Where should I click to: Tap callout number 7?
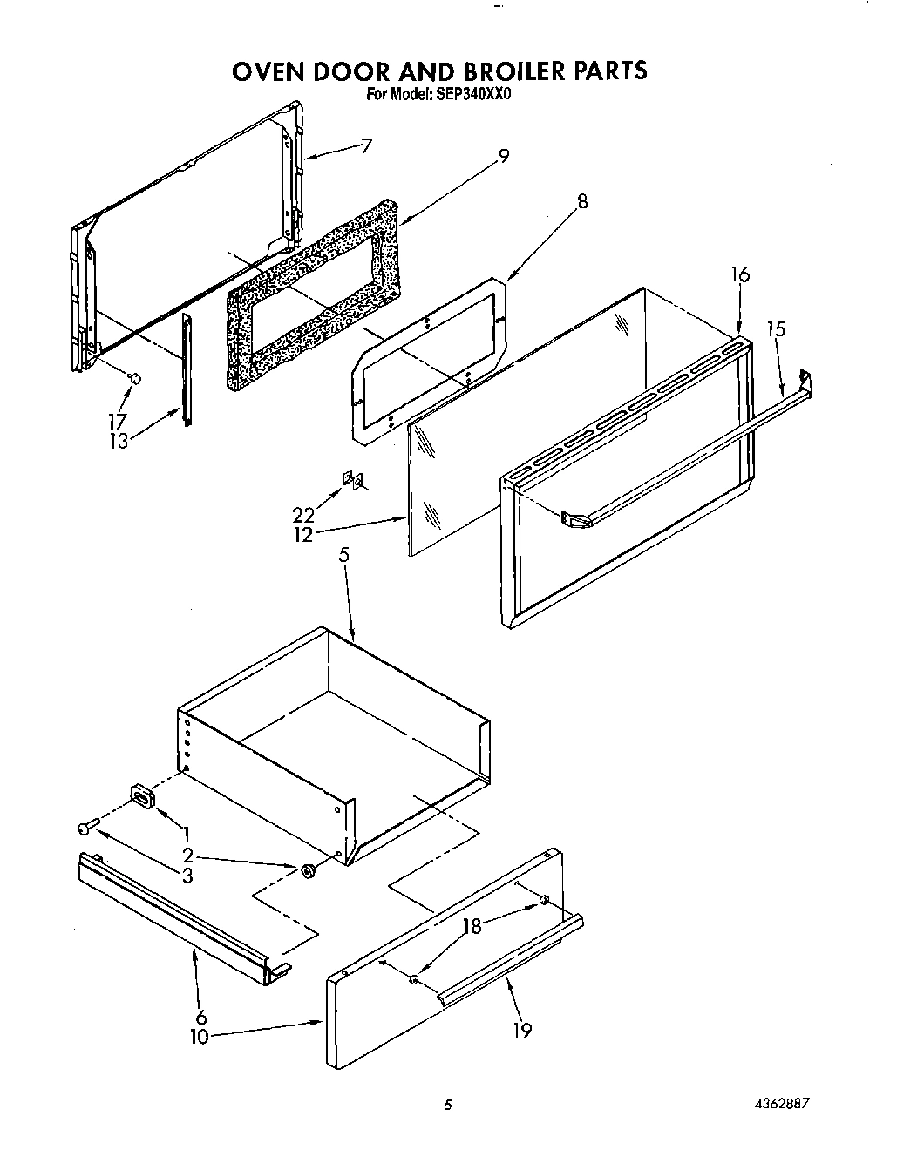366,145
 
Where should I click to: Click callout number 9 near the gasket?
503,157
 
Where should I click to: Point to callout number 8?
581,202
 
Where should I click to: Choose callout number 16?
740,274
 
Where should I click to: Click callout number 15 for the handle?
776,329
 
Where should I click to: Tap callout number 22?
303,515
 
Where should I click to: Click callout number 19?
521,1031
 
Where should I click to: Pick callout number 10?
200,1038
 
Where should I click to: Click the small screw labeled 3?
84,827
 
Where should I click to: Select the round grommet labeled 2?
309,871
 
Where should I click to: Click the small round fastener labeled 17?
134,377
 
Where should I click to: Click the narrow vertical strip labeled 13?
186,370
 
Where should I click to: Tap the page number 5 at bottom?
448,1105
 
